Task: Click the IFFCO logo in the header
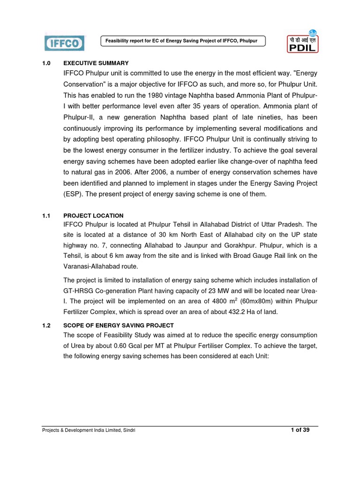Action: pos(64,43)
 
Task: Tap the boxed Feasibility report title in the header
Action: pos(183,41)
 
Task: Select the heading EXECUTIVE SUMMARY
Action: pos(96,63)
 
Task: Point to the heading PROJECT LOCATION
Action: pos(94,216)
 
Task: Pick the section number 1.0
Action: pos(46,63)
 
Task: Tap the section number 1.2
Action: pos(46,325)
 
